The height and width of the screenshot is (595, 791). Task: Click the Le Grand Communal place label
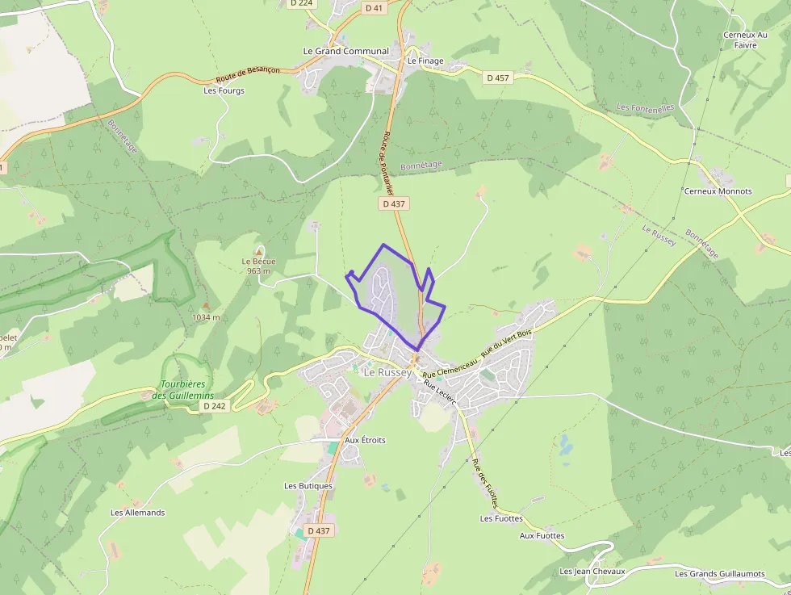(x=345, y=51)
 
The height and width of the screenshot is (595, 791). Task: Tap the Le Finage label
(x=425, y=61)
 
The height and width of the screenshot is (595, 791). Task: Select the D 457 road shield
(x=498, y=78)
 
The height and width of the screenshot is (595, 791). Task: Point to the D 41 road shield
(x=373, y=8)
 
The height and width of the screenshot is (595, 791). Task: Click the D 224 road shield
(x=300, y=3)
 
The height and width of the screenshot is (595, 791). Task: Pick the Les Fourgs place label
(x=224, y=90)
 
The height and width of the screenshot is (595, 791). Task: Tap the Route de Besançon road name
(x=248, y=75)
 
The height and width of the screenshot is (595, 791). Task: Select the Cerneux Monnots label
(x=718, y=191)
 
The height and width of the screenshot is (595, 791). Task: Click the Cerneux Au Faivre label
(x=745, y=40)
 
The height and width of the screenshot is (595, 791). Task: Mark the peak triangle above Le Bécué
(x=258, y=251)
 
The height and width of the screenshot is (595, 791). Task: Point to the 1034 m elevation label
(x=206, y=317)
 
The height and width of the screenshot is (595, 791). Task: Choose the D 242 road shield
(x=214, y=406)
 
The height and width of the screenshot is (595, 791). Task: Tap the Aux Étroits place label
(x=365, y=440)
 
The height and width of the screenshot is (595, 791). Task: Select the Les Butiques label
(x=308, y=486)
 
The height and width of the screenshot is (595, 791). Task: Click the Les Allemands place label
(x=137, y=513)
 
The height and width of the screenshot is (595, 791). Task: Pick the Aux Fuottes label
(x=542, y=535)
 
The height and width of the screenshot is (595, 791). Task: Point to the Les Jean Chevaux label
(x=592, y=572)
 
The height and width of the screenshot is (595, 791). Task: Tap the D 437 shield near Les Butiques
(x=320, y=530)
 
